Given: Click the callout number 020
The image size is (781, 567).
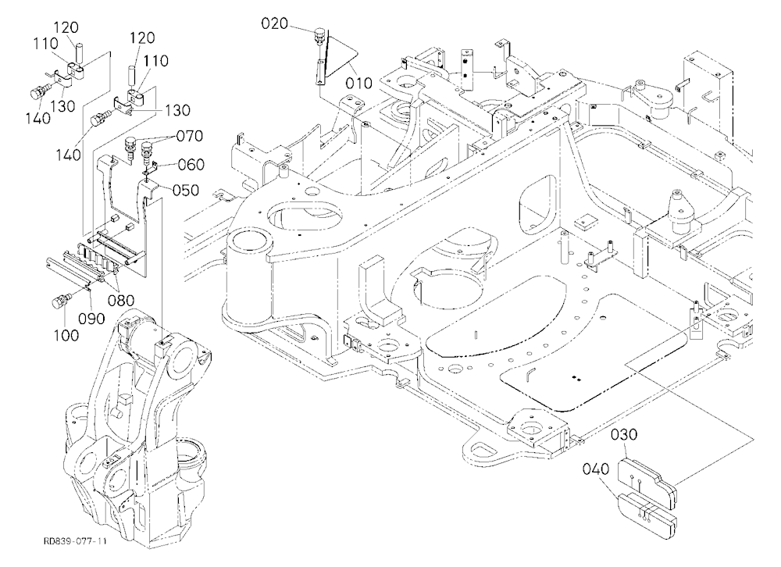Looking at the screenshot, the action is pyautogui.click(x=275, y=23).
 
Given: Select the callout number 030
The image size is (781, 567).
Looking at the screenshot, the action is pyautogui.click(x=623, y=434).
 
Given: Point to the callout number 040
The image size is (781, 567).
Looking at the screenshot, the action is pyautogui.click(x=596, y=469).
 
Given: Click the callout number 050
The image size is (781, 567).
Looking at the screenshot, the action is pyautogui.click(x=186, y=190).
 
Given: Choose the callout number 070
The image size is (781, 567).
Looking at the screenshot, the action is pyautogui.click(x=189, y=136).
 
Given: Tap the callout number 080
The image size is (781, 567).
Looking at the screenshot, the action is pyautogui.click(x=122, y=301).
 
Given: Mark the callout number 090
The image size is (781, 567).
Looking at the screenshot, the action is pyautogui.click(x=91, y=318).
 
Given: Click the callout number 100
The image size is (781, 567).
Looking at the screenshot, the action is pyautogui.click(x=66, y=335).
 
